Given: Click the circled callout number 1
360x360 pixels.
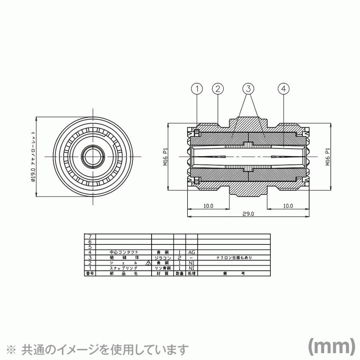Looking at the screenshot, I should (x=197, y=89).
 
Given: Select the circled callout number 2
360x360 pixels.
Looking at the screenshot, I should (x=218, y=89).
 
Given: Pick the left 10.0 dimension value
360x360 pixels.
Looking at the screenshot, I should (x=208, y=206).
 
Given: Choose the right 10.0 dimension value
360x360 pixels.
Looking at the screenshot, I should (x=288, y=206).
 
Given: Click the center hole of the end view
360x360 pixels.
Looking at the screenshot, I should (x=92, y=156).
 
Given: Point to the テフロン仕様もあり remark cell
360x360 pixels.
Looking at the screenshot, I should (x=234, y=258).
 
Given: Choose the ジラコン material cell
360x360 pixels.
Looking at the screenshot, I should (x=162, y=258).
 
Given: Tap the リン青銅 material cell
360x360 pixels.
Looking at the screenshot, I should (x=162, y=268).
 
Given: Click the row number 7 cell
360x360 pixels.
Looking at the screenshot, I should (x=90, y=237).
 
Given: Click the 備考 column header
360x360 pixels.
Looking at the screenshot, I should (x=234, y=274).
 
